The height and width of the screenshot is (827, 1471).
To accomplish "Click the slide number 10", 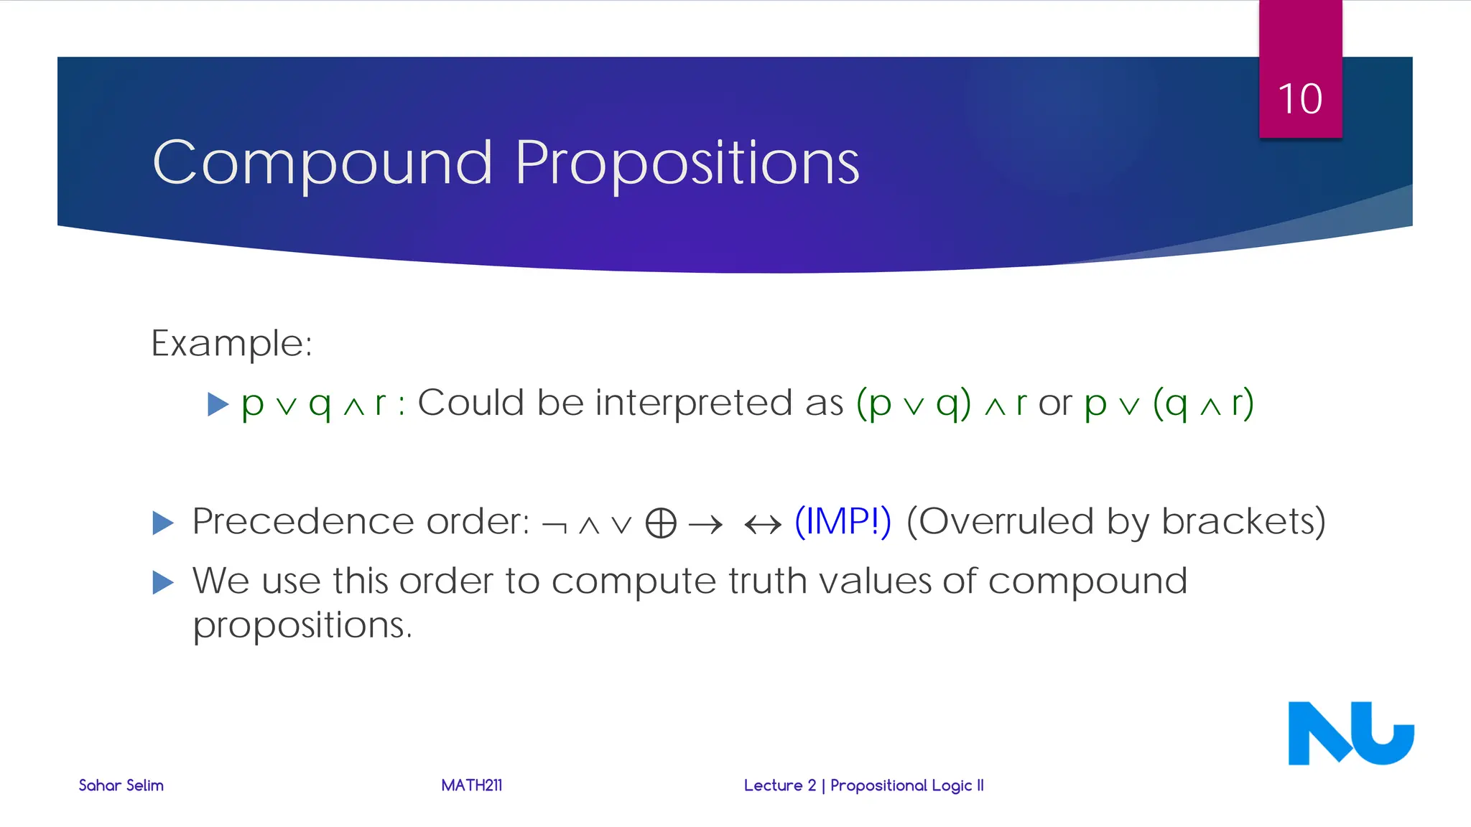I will coord(1299,99).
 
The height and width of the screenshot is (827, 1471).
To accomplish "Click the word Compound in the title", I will coord(322,163).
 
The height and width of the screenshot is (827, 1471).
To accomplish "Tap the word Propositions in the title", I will coord(687,163).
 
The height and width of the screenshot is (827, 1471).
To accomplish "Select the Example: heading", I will coord(231,343).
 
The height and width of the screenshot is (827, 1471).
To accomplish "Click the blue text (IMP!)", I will coord(843,521).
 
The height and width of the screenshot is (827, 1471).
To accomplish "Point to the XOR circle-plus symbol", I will coord(661,523).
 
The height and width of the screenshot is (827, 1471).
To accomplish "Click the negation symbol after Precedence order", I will coord(554,525).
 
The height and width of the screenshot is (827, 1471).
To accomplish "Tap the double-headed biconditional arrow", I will coord(763,525).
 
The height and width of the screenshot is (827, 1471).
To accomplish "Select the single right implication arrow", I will coord(705,525).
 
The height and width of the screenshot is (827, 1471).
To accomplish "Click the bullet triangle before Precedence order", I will coord(163,523).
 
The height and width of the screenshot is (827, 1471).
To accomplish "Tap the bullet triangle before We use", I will coord(163,582).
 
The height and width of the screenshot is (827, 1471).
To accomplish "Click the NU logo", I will coord(1350,733).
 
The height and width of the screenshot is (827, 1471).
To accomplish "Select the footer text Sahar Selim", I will coord(121,785).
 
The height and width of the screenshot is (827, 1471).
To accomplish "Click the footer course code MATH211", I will coord(471,785).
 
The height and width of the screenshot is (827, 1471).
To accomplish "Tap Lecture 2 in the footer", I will coord(779,785).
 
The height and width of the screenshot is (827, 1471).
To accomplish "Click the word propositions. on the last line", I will coord(302,626).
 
